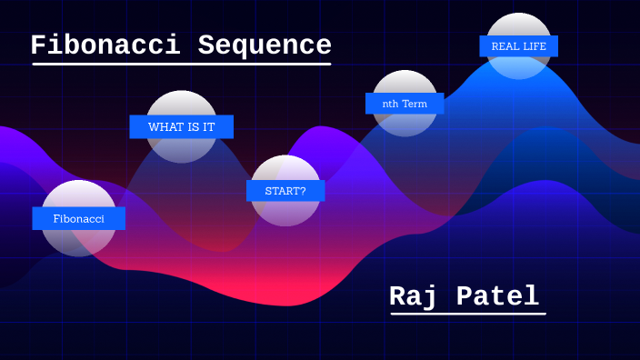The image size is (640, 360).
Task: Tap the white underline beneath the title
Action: point(182,64)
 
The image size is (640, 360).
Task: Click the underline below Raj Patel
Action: point(468,314)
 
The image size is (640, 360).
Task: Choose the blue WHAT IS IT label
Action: point(181,126)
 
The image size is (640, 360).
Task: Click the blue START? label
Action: point(285,191)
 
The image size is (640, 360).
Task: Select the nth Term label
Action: point(405,104)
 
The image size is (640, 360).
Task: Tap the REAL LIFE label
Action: point(518,46)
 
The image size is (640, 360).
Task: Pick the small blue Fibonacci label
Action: point(78,218)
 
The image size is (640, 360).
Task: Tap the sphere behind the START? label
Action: point(285,169)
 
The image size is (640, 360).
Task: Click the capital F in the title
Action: point(38,45)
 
